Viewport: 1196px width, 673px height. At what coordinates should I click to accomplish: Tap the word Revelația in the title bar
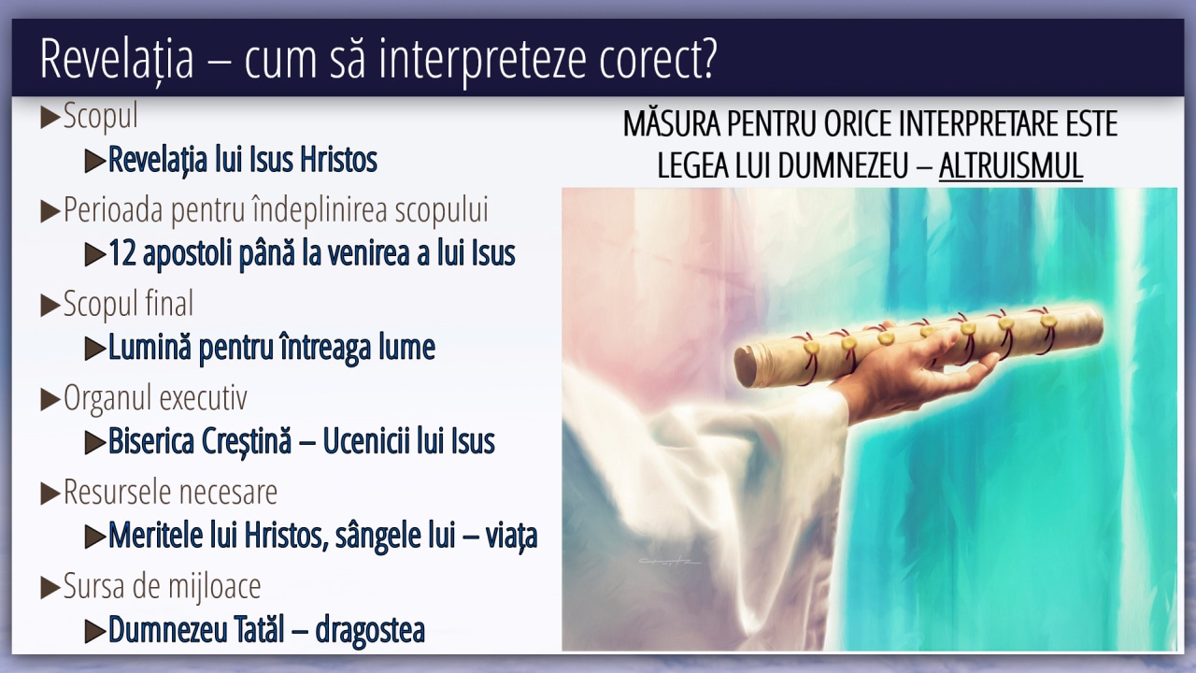click(x=117, y=59)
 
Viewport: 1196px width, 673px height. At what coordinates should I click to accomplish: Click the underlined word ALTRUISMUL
click(x=1011, y=165)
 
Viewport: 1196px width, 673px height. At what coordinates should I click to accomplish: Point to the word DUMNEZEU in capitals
click(x=844, y=165)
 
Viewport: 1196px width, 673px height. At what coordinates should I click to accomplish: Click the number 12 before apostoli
click(x=122, y=253)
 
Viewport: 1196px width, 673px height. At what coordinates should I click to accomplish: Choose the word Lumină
click(x=149, y=347)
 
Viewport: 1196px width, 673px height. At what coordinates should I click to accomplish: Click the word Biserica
click(x=151, y=441)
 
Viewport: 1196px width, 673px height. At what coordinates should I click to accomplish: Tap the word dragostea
click(x=370, y=630)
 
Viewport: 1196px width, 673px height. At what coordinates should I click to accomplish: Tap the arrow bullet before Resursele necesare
click(x=50, y=494)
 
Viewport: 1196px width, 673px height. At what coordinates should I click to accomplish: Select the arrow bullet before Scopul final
click(x=50, y=306)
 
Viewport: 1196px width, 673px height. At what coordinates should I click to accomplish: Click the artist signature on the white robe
click(x=670, y=561)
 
